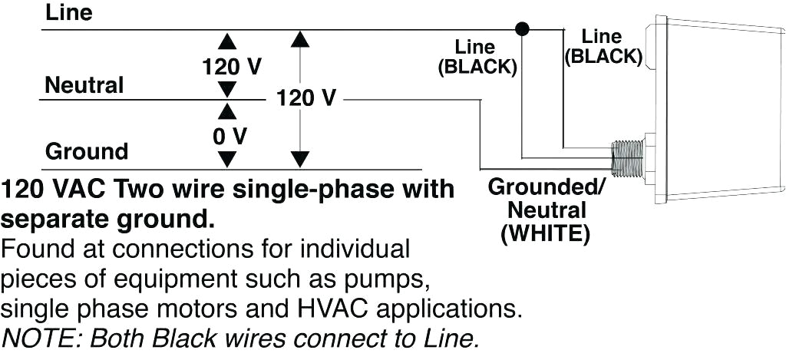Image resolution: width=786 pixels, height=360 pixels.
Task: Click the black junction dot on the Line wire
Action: (523, 30)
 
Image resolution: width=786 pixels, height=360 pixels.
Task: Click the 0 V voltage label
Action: (230, 136)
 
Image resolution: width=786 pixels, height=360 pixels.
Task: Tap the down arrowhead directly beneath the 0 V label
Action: (227, 160)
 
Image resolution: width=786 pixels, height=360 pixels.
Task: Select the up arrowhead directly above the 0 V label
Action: (227, 112)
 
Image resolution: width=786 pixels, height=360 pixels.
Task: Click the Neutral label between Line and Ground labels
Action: (84, 85)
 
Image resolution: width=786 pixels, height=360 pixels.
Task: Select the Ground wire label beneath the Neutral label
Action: (86, 150)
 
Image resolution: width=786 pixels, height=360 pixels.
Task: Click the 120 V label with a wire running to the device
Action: (305, 98)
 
